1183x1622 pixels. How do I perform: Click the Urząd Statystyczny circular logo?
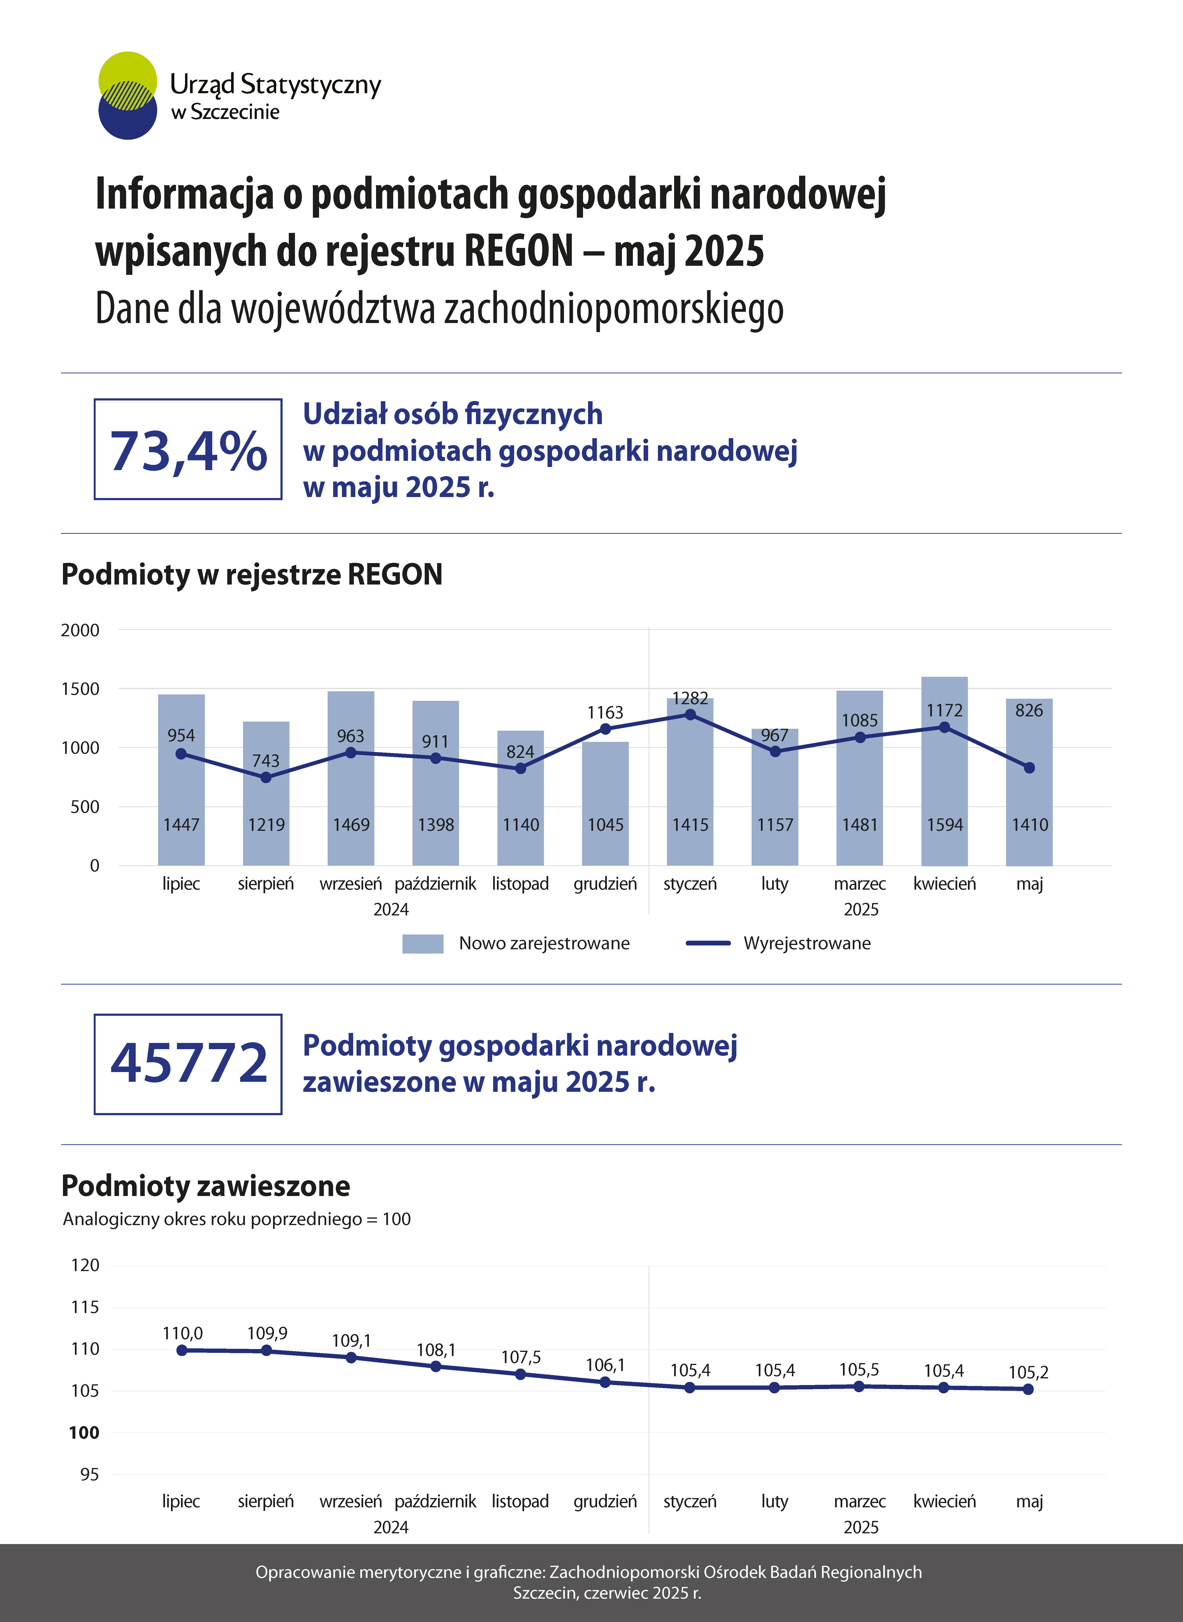click(x=128, y=95)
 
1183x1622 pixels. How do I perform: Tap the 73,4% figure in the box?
click(x=188, y=451)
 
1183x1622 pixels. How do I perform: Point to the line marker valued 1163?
click(x=605, y=729)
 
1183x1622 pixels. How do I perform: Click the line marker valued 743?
click(x=266, y=777)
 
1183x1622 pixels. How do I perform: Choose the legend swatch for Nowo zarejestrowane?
click(x=423, y=943)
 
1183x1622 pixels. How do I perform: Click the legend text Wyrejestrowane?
click(x=807, y=943)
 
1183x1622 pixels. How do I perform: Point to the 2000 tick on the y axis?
click(x=80, y=630)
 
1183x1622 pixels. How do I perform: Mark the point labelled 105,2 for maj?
click(x=1028, y=1389)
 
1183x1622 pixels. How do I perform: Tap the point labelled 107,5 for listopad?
click(x=521, y=1374)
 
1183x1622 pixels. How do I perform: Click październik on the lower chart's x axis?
click(x=435, y=1501)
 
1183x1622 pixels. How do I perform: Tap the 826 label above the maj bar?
click(x=1029, y=710)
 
